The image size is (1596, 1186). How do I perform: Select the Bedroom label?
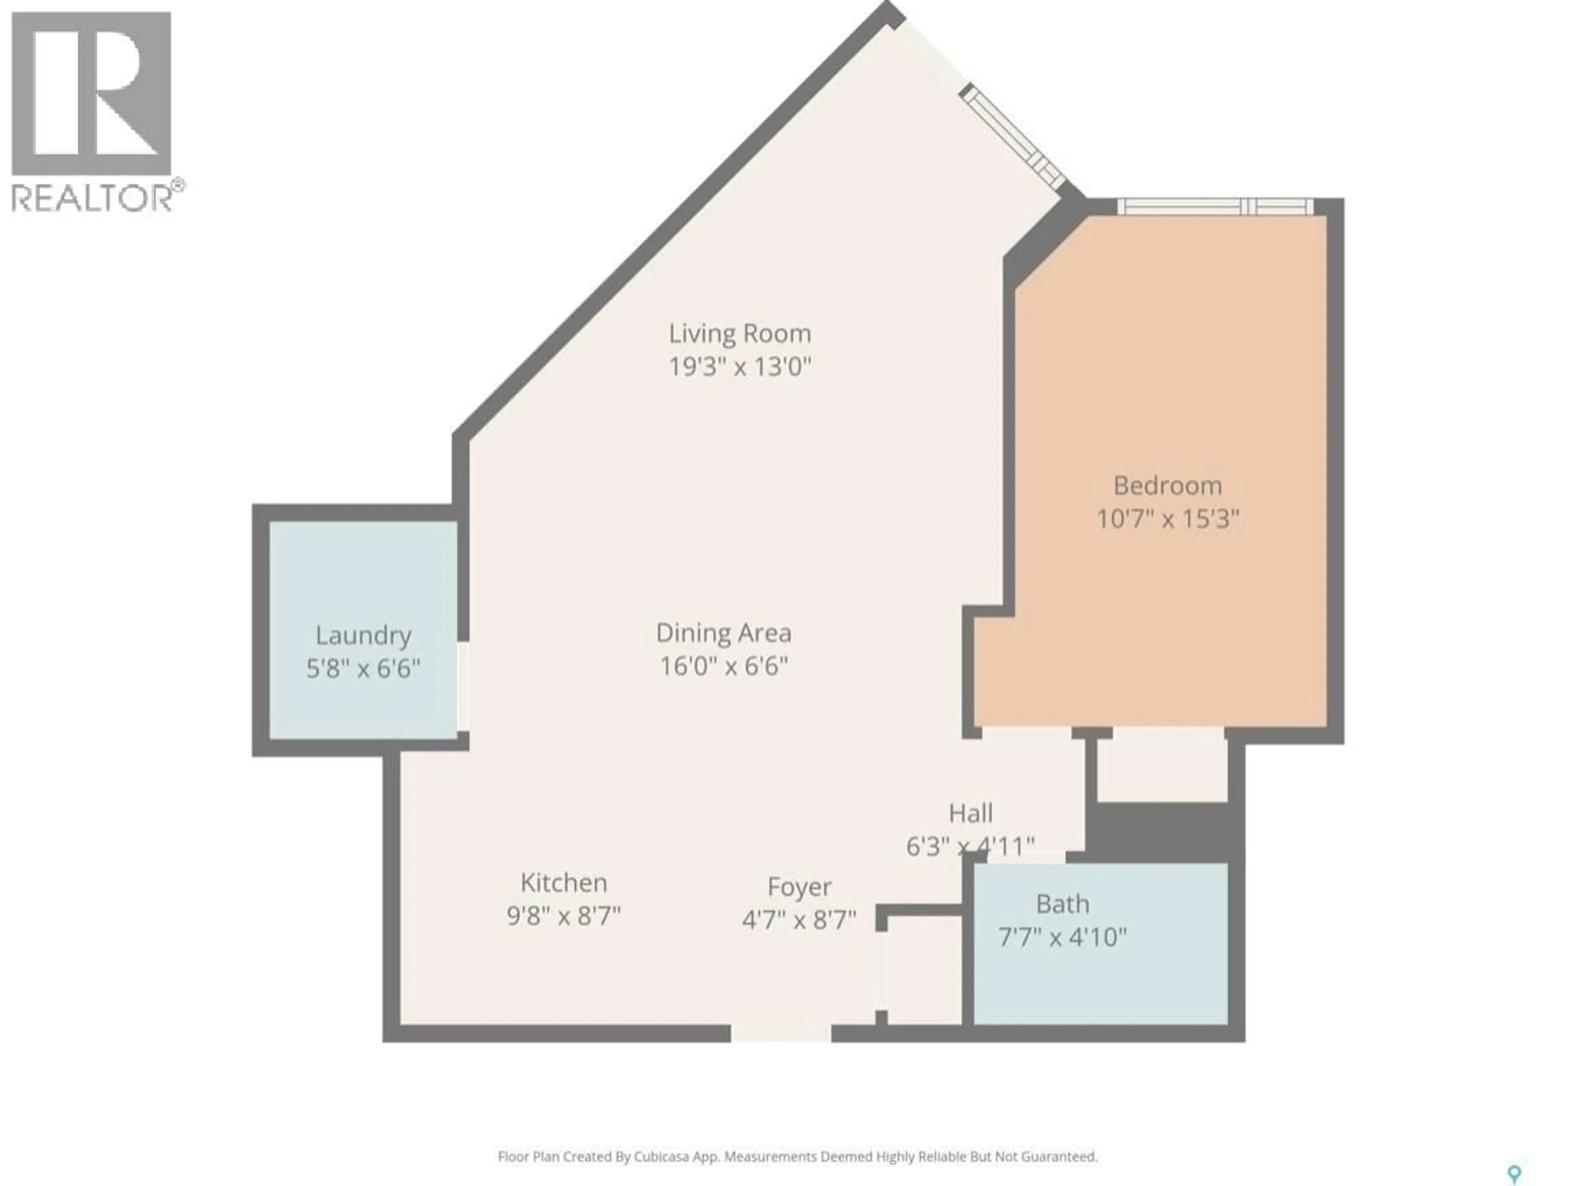(1167, 486)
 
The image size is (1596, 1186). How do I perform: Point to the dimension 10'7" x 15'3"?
(1167, 519)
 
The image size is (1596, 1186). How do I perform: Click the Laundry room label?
(363, 635)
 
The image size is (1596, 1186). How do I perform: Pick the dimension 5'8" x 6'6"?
(363, 669)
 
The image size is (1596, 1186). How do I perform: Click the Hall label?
(970, 813)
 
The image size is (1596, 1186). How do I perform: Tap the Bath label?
(1062, 904)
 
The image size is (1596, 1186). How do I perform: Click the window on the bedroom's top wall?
(1214, 207)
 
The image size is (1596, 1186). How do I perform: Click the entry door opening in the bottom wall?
(781, 1033)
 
